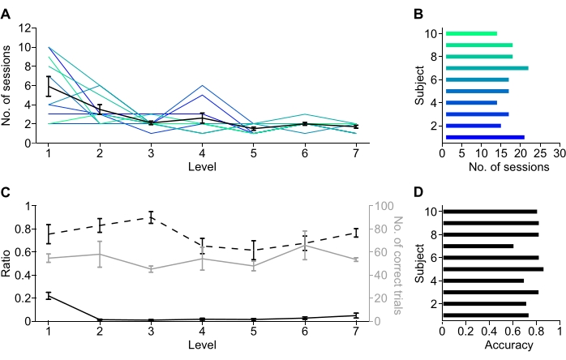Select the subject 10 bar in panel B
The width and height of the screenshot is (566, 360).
[x=471, y=33]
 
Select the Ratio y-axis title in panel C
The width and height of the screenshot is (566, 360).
[x=9, y=264]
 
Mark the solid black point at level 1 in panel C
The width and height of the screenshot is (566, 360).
[x=49, y=296]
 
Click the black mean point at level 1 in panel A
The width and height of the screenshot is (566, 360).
[x=49, y=85]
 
